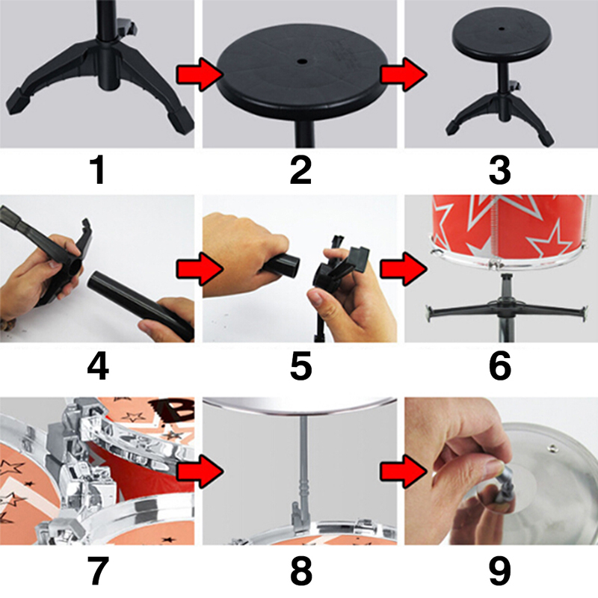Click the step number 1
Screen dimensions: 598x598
98,170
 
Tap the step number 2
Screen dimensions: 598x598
301,170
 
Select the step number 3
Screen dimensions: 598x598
499,170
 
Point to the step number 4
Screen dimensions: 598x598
98,366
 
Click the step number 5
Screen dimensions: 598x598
301,366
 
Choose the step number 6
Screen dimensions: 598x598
499,366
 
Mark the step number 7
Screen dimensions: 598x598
98,571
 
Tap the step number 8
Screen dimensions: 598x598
301,571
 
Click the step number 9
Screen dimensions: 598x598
499,571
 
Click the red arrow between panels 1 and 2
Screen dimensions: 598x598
200,75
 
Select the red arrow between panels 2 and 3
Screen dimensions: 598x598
404,75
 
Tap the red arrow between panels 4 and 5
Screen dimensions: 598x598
200,269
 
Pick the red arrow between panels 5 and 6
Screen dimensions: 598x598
404,269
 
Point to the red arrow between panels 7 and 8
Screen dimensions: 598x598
200,472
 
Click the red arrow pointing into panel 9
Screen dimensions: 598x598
404,472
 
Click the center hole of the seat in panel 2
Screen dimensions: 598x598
303,61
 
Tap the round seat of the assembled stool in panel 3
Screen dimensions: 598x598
502,34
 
